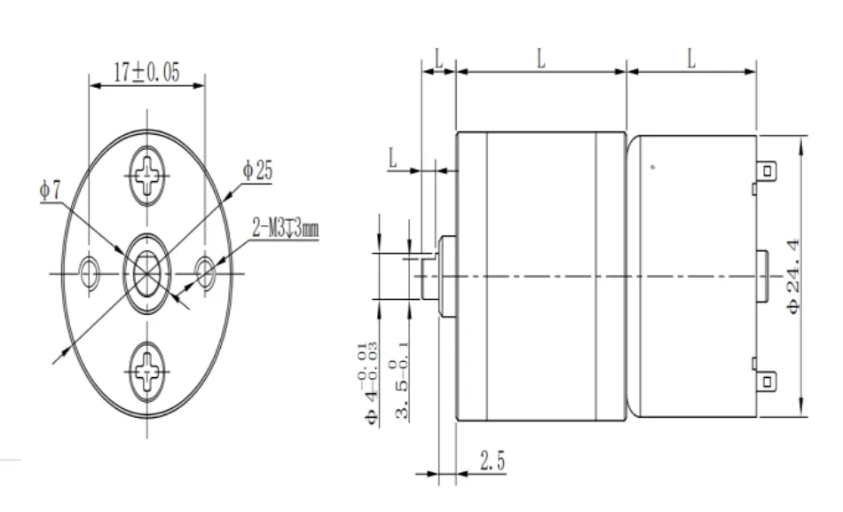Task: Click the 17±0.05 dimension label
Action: [x=146, y=73]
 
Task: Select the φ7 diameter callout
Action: [x=50, y=190]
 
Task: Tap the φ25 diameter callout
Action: [x=257, y=171]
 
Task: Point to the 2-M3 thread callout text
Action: [x=285, y=229]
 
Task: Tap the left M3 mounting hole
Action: [x=89, y=273]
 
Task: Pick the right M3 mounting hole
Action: [x=205, y=272]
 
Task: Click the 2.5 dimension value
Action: [x=493, y=461]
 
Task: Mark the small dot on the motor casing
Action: [x=654, y=166]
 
